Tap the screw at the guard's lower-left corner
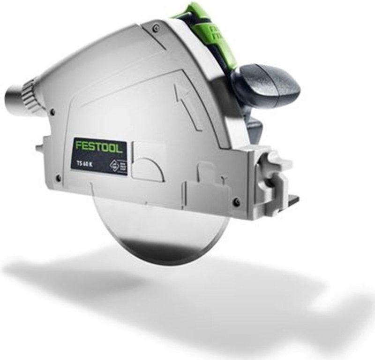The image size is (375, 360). [59, 177]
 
